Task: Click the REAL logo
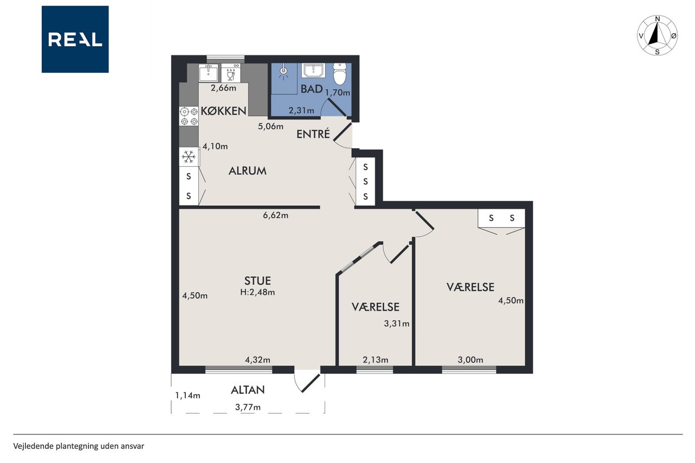(75, 40)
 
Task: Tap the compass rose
(657, 35)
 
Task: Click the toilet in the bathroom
(340, 74)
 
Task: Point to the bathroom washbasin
(314, 71)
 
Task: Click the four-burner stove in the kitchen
(189, 116)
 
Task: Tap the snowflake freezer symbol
(188, 157)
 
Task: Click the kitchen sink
(208, 73)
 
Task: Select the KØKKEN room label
(223, 111)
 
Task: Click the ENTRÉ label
(313, 134)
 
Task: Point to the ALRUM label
(247, 171)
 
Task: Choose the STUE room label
(257, 281)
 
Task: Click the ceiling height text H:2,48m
(257, 292)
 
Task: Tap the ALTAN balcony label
(248, 390)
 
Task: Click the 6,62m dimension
(275, 215)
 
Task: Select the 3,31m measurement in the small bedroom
(396, 324)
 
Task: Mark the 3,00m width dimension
(470, 360)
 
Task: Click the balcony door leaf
(311, 383)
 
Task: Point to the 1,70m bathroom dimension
(338, 92)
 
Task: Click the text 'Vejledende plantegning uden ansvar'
(79, 446)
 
